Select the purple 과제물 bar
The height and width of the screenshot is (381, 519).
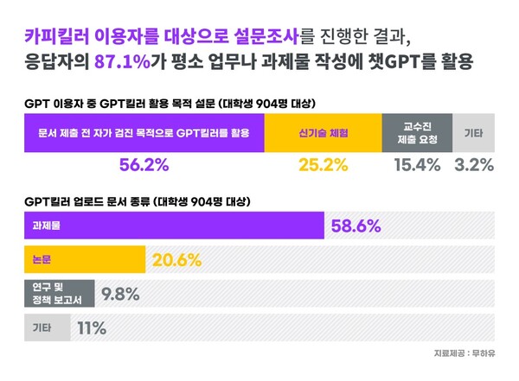pyautogui.click(x=173, y=225)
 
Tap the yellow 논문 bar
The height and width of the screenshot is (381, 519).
pyautogui.click(x=84, y=259)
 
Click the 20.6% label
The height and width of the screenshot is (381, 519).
pyautogui.click(x=176, y=259)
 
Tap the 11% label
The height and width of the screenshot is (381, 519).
pyautogui.click(x=92, y=327)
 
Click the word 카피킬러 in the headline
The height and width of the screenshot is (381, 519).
pyautogui.click(x=58, y=35)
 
